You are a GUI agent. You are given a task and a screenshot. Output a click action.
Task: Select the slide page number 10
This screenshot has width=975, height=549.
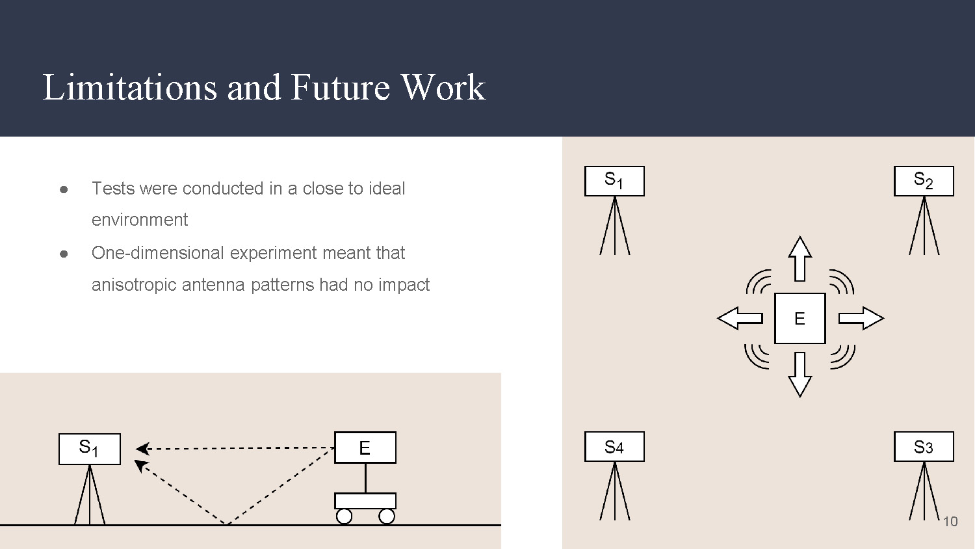point(950,522)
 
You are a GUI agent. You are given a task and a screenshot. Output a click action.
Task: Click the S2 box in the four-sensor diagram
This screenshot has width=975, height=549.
point(924,181)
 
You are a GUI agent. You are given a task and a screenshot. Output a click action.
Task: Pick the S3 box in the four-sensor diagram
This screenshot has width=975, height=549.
point(924,447)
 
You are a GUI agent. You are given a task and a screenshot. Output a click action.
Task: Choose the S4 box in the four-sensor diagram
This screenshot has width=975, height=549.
point(614,447)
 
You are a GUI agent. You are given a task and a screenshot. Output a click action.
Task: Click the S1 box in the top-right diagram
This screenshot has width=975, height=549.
point(614,181)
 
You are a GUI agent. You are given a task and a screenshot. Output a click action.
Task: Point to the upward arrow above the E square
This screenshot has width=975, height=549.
point(799,258)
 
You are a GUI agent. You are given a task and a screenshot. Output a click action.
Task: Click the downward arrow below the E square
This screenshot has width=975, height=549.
point(799,375)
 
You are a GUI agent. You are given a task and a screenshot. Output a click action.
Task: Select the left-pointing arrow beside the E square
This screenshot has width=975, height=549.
point(740,318)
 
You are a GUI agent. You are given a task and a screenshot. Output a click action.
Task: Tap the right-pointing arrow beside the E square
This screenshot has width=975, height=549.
point(861,318)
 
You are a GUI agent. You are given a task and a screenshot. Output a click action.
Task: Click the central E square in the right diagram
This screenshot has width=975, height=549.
point(799,318)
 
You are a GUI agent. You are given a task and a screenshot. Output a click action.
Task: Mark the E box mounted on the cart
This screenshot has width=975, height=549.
point(365,448)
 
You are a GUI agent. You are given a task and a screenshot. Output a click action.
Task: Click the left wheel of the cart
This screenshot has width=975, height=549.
point(344,516)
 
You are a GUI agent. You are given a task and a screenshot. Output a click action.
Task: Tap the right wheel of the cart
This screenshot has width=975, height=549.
point(387,516)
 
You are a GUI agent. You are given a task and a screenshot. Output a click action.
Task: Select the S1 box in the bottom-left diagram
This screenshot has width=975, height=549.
point(89,449)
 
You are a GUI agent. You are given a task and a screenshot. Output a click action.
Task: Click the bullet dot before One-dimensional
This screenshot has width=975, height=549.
point(64,254)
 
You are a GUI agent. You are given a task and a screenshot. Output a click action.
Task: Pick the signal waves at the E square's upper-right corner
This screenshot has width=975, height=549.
point(842,282)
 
